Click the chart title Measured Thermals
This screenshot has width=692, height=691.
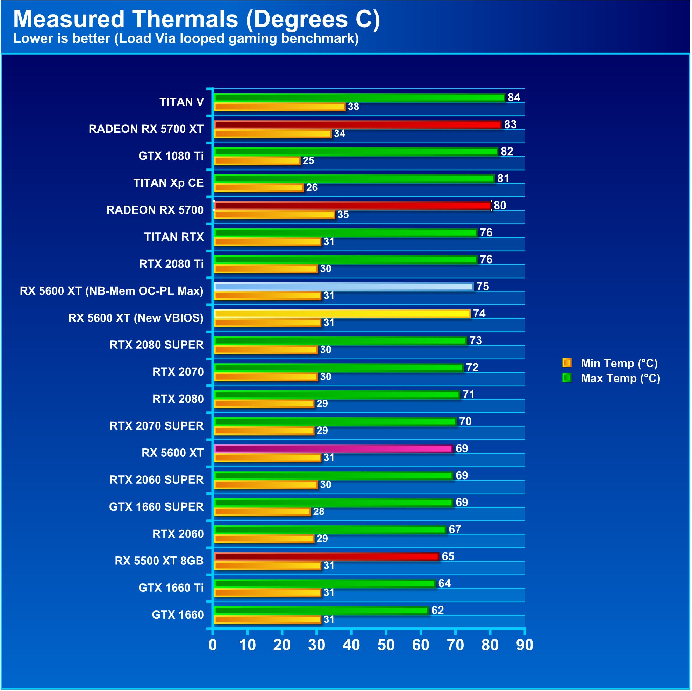pyautogui.click(x=196, y=19)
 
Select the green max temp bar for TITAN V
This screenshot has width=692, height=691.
pyautogui.click(x=359, y=98)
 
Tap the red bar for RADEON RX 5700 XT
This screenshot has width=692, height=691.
pyautogui.click(x=357, y=124)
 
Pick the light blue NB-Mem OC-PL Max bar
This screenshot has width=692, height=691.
pyautogui.click(x=344, y=286)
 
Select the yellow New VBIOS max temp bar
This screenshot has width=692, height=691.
pyautogui.click(x=342, y=314)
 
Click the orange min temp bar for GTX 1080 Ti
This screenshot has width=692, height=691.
pyautogui.click(x=257, y=161)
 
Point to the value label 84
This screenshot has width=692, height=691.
pyautogui.click(x=514, y=98)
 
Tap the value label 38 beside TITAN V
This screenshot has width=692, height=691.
pyautogui.click(x=353, y=107)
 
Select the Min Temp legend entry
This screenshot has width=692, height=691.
pyautogui.click(x=619, y=363)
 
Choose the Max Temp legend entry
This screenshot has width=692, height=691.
pyautogui.click(x=620, y=378)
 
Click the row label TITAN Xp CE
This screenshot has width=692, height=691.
pyautogui.click(x=168, y=183)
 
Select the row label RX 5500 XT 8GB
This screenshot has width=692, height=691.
pyautogui.click(x=159, y=561)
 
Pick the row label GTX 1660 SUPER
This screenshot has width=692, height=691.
pyautogui.click(x=156, y=506)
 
